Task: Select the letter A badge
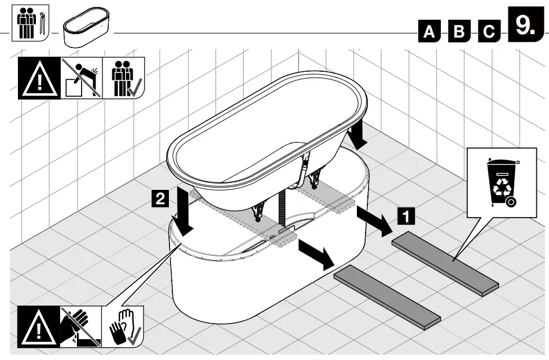[429, 32]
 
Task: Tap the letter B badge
[459, 32]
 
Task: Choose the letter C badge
[489, 32]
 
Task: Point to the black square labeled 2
[161, 199]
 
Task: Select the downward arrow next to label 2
[185, 214]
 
